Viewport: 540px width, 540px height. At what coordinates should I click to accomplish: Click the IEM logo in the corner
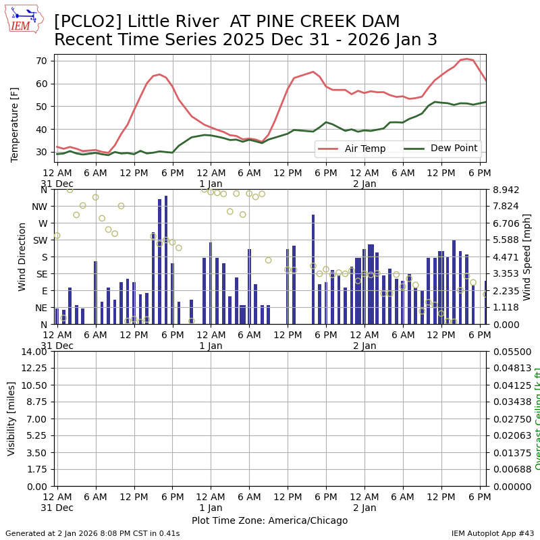pyautogui.click(x=23, y=18)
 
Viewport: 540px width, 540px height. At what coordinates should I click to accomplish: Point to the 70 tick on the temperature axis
pyautogui.click(x=41, y=61)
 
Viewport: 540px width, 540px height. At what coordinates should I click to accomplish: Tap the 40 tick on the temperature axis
pyautogui.click(x=41, y=130)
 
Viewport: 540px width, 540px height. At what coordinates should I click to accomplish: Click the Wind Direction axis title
pyautogui.click(x=22, y=256)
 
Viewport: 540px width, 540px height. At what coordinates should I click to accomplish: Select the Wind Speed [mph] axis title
pyautogui.click(x=527, y=256)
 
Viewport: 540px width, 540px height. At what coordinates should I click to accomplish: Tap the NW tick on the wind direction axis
pyautogui.click(x=39, y=207)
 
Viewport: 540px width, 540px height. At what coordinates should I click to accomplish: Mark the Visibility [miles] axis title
pyautogui.click(x=11, y=418)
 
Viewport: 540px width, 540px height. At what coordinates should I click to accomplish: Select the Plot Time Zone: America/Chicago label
pyautogui.click(x=269, y=520)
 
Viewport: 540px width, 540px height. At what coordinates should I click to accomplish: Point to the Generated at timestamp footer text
pyautogui.click(x=92, y=533)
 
